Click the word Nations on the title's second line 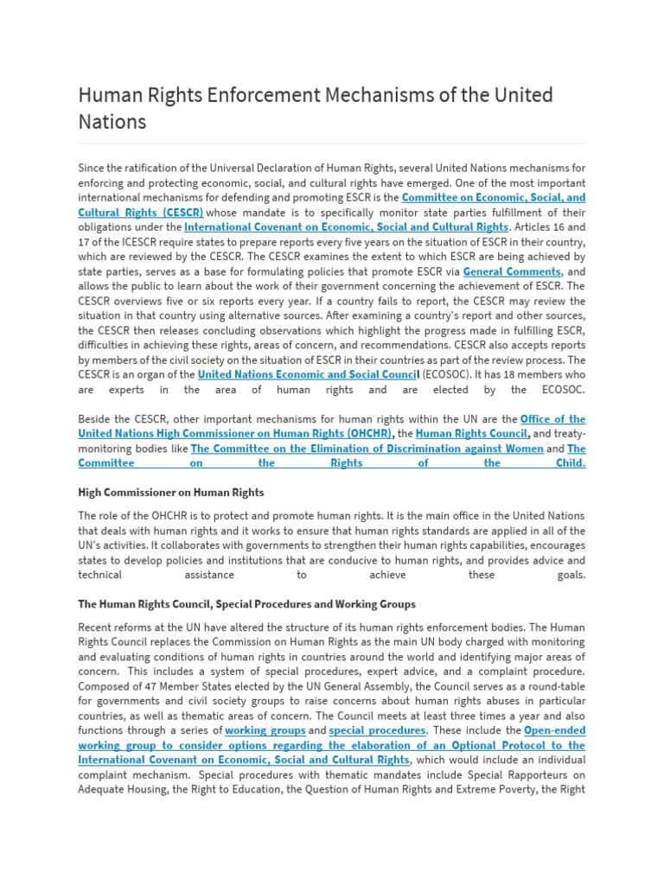coord(112,122)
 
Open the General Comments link coord(512,271)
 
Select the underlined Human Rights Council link coord(471,434)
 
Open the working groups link coord(265,730)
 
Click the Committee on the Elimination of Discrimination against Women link coord(367,449)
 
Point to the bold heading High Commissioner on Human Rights coord(170,493)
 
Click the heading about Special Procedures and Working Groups coord(246,604)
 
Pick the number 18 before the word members coord(504,374)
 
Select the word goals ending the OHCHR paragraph coord(570,575)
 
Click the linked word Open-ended coord(554,730)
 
